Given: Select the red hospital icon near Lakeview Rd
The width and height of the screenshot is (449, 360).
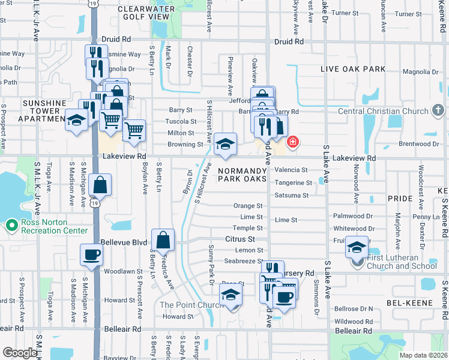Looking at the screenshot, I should (293, 142).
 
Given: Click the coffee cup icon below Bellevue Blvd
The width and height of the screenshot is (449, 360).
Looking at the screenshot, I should (91, 254).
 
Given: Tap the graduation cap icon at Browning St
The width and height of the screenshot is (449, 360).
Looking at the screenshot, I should (225, 144).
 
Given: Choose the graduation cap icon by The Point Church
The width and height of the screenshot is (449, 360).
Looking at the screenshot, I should (230, 295).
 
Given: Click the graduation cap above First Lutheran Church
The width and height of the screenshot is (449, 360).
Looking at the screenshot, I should (357, 247).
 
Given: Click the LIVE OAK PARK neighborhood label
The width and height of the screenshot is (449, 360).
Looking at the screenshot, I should (353, 70).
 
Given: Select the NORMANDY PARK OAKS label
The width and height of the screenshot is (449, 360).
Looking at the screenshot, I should (250, 175).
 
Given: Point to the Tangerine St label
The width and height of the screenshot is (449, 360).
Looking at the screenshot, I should (293, 183).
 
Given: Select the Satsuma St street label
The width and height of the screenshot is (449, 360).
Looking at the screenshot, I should (291, 196).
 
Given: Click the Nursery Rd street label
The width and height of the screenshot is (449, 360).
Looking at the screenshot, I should (298, 273).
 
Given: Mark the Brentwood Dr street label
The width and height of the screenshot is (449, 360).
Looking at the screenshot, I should (415, 144).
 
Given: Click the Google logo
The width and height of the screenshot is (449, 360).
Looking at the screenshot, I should (20, 353).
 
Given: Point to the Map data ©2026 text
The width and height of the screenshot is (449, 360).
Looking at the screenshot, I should (423, 355).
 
